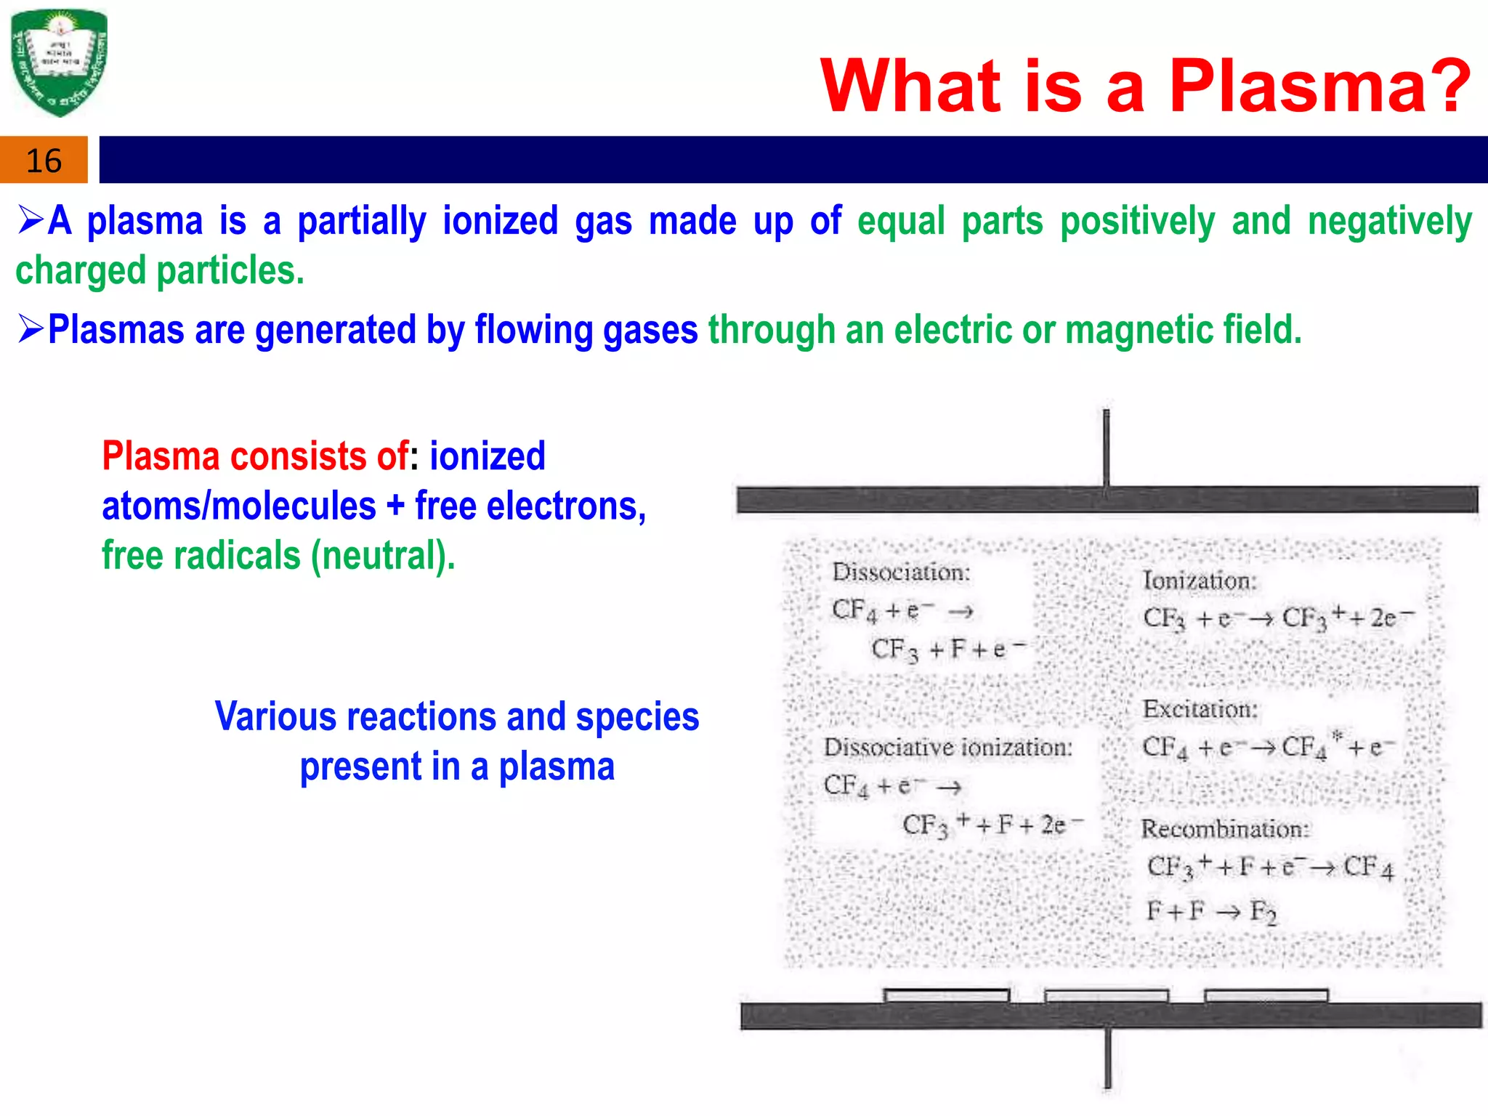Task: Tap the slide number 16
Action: (x=44, y=161)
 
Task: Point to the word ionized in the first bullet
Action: (x=500, y=221)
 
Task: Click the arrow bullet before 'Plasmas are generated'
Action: (x=31, y=328)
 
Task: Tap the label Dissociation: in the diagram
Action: (x=901, y=573)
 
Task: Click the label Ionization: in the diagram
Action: (x=1199, y=581)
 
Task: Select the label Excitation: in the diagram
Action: (x=1200, y=709)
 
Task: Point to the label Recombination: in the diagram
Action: (x=1225, y=829)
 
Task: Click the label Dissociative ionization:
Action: (x=947, y=748)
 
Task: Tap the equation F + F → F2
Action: (x=1210, y=911)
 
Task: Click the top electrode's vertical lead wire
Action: (x=1106, y=447)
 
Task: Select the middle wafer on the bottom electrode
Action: (x=1106, y=996)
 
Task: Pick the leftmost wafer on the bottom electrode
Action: (x=946, y=995)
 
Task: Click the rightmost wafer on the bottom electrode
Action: (x=1266, y=995)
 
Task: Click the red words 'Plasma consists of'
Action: (x=254, y=456)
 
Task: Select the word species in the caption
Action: (x=637, y=717)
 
